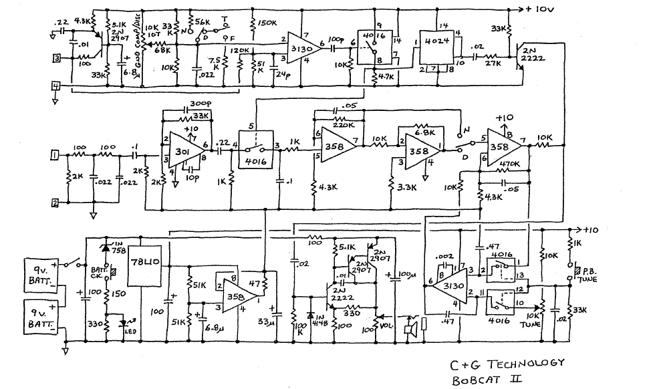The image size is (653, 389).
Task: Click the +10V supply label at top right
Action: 543,9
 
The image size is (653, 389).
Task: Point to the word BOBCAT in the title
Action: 479,380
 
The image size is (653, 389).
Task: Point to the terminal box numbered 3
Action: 57,58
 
